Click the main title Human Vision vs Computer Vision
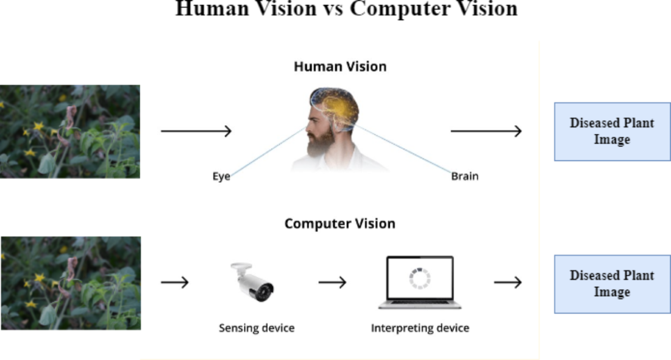tap(346, 9)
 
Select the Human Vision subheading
tap(340, 67)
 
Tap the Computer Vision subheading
tap(339, 224)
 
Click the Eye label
tap(221, 177)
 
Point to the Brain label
tap(465, 177)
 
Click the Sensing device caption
tap(256, 328)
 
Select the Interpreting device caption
tap(420, 328)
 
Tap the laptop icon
tap(420, 282)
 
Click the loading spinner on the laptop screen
tap(420, 278)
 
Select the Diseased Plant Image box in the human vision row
tap(612, 131)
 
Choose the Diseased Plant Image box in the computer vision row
tap(612, 284)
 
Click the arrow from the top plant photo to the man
tap(196, 131)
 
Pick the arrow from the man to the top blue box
tap(486, 131)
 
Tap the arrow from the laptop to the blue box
tap(508, 282)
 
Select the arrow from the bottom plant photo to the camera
tap(174, 282)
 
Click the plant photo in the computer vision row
tap(70, 283)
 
